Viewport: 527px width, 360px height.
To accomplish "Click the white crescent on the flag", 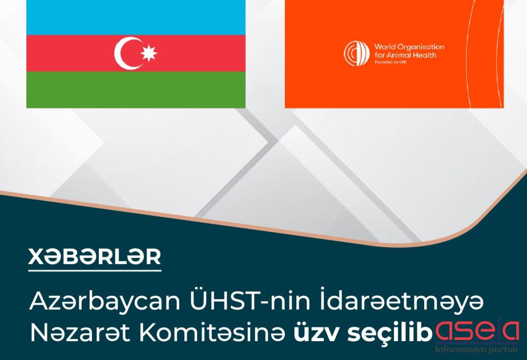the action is [x=120, y=54].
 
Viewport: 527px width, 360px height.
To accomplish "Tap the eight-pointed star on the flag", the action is [x=148, y=53].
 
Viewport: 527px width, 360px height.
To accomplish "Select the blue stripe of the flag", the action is [x=136, y=18].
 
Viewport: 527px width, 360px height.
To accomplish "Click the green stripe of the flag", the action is [x=136, y=90].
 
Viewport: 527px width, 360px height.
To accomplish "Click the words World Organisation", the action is [x=409, y=47].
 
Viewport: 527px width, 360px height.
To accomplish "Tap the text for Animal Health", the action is [x=405, y=55].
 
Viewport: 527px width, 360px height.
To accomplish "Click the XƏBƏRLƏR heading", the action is [x=95, y=257].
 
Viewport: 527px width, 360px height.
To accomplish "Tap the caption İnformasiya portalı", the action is [x=477, y=350].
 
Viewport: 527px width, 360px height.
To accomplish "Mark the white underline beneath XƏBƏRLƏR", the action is [x=95, y=270].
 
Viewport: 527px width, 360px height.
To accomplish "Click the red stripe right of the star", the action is [x=202, y=53].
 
